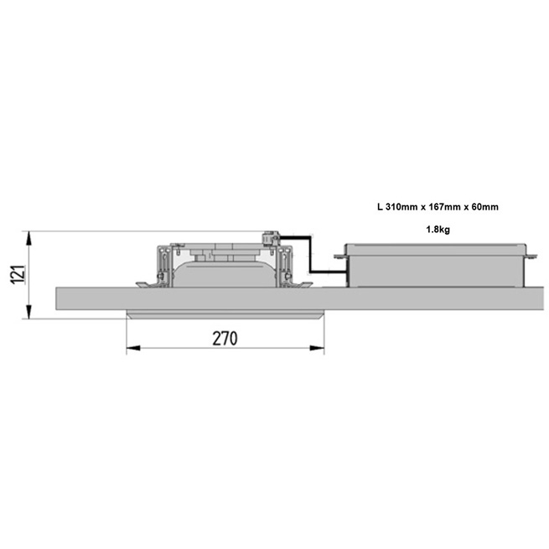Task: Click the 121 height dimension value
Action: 18,275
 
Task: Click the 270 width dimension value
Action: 225,339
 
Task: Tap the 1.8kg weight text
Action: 438,230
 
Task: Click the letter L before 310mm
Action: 380,207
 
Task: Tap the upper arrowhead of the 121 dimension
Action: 29,238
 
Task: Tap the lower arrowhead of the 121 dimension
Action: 29,312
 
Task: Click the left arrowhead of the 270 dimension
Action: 133,348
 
